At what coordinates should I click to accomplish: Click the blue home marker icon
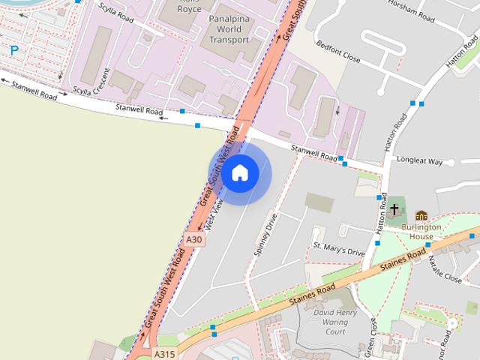point(239,173)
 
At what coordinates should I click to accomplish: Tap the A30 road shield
point(194,240)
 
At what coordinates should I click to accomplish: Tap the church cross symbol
point(394,209)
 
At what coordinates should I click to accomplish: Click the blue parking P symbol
point(14,51)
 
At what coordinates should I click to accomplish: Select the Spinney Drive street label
point(266,234)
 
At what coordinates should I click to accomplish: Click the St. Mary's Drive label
point(339,248)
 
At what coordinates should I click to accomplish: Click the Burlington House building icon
point(421,216)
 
